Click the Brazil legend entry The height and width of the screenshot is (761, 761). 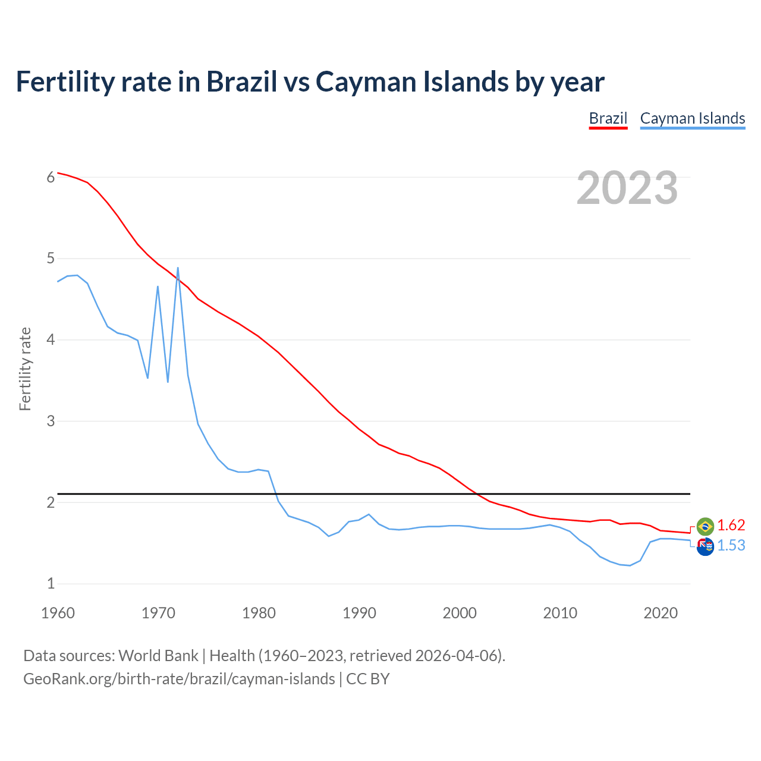pyautogui.click(x=608, y=118)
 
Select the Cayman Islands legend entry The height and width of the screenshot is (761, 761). pyautogui.click(x=692, y=118)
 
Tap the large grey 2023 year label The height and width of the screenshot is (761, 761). pyautogui.click(x=627, y=188)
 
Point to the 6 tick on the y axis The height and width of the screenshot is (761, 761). pyautogui.click(x=51, y=177)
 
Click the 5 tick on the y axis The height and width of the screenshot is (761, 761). pyautogui.click(x=51, y=259)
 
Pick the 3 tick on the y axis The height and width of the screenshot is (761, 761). pyautogui.click(x=51, y=421)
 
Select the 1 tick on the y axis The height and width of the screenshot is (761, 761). pyautogui.click(x=51, y=584)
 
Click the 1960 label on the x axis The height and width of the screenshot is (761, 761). pyautogui.click(x=58, y=613)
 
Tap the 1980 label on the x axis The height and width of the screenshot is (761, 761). pyautogui.click(x=259, y=613)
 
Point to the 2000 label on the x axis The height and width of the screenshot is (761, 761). pyautogui.click(x=460, y=613)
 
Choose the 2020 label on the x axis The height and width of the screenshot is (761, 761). pyautogui.click(x=661, y=613)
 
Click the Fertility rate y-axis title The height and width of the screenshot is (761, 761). pyautogui.click(x=25, y=369)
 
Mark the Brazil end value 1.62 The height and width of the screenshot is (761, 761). pyautogui.click(x=731, y=526)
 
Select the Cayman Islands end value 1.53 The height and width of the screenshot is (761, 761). pyautogui.click(x=731, y=546)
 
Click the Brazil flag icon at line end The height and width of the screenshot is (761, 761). pyautogui.click(x=705, y=526)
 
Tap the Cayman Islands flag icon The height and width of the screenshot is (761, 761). pyautogui.click(x=705, y=546)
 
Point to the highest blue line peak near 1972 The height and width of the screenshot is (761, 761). pyautogui.click(x=178, y=268)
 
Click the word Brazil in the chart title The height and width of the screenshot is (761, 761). pyautogui.click(x=241, y=81)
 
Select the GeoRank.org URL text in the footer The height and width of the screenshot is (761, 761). pyautogui.click(x=179, y=679)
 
